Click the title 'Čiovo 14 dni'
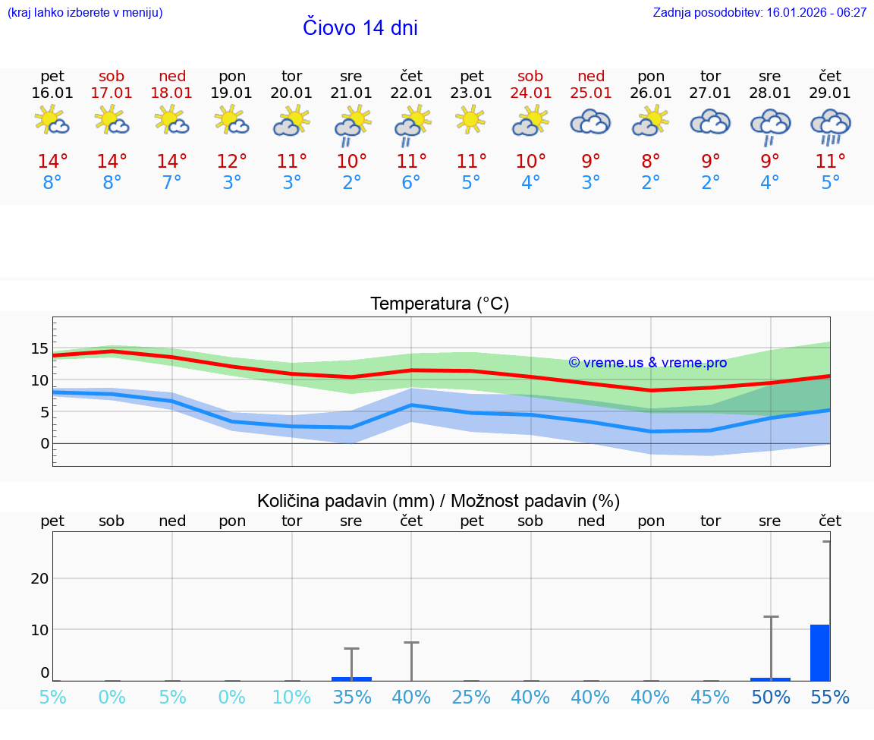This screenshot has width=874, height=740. click(360, 28)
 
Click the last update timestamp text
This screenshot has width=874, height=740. click(759, 13)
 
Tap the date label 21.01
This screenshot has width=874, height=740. click(351, 93)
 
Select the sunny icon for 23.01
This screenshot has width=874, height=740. click(471, 119)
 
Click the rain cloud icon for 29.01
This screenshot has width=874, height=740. click(830, 125)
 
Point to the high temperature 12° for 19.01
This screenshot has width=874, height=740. click(232, 162)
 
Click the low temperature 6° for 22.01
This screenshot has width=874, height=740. click(411, 183)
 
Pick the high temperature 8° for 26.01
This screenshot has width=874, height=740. click(651, 162)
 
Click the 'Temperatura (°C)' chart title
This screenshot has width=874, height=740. click(439, 304)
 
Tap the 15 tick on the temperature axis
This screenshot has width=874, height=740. click(39, 349)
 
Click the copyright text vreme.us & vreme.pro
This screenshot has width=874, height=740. click(648, 363)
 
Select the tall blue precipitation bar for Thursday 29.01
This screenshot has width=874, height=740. click(819, 653)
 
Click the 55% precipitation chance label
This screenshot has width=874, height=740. click(830, 697)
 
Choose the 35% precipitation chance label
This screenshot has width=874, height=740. click(351, 697)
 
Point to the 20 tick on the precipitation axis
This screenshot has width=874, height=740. click(39, 578)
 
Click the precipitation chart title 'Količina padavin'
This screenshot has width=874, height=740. click(439, 501)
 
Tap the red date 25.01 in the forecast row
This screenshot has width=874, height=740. click(591, 93)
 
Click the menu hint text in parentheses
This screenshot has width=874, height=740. click(85, 13)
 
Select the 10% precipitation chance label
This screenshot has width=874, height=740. click(292, 697)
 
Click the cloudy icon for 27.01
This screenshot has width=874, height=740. click(710, 122)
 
